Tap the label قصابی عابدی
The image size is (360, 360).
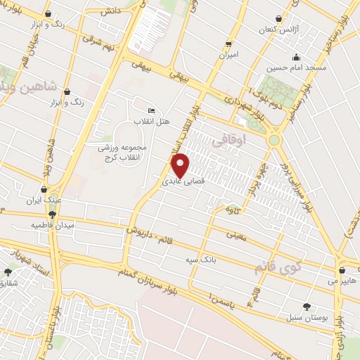pyautogui.click(x=182, y=181)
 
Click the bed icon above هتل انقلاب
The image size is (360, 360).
pyautogui.click(x=152, y=111)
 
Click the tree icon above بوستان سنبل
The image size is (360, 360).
pyautogui.click(x=307, y=306)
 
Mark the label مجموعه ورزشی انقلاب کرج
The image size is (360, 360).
pyautogui.click(x=123, y=152)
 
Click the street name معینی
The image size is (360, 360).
pyautogui.click(x=238, y=237)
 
